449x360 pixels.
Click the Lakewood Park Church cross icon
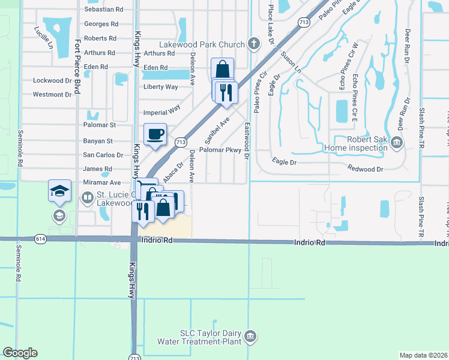tap(254, 44)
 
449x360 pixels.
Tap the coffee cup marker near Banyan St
tap(155, 134)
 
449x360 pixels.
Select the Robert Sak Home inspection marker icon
tap(396, 142)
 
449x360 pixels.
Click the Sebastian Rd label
tap(103, 10)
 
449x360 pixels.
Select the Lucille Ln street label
tap(44, 37)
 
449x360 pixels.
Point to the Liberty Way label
tap(160, 87)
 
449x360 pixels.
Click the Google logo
tap(20, 353)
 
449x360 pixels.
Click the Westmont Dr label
tap(52, 94)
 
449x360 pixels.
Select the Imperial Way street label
tap(162, 112)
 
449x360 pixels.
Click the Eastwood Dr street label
tap(247, 143)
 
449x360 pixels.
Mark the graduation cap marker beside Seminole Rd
tap(60, 191)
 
